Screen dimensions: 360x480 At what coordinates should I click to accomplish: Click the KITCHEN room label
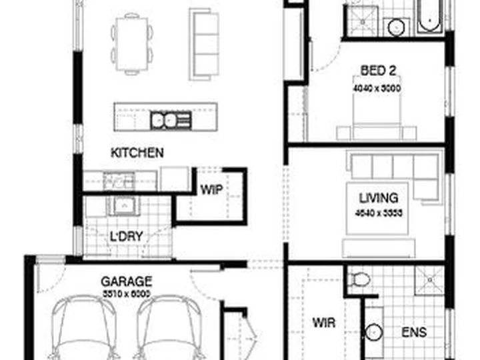coord(137,153)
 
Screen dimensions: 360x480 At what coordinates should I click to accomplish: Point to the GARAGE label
coord(126,281)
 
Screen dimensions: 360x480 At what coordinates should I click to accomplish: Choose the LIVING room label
coord(378,198)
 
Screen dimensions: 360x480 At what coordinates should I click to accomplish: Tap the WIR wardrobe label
coord(323,323)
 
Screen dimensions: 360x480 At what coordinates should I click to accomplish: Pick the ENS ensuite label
coord(414,331)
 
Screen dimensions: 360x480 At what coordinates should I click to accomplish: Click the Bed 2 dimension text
coord(377,87)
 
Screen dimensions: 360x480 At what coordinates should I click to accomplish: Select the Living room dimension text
coord(378,213)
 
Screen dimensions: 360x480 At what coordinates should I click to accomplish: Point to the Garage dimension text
coord(126,293)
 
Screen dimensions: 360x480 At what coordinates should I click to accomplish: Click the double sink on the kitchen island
coord(165,120)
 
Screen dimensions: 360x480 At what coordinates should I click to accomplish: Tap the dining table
coord(132,43)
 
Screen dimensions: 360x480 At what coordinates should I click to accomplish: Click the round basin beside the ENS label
coord(375,331)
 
